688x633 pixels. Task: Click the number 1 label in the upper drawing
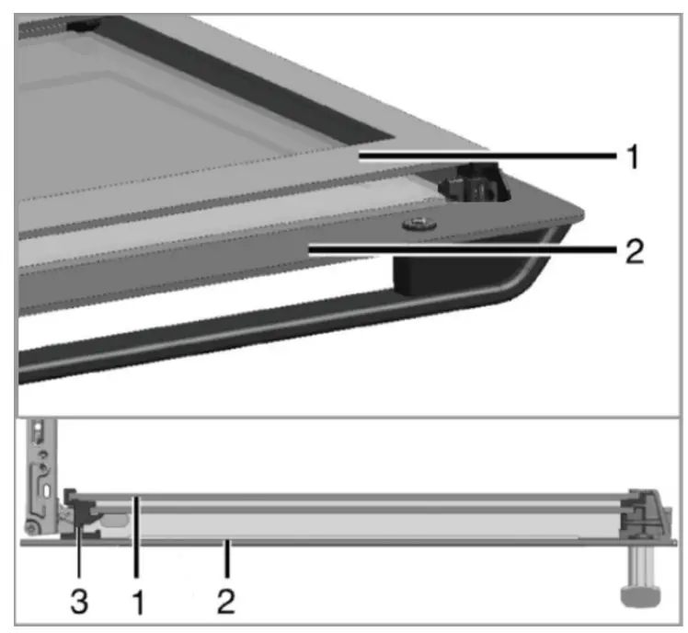[x=633, y=156]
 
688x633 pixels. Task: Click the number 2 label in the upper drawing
[x=635, y=251]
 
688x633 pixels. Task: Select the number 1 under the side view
[x=138, y=602]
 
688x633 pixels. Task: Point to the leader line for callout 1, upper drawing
[x=487, y=155]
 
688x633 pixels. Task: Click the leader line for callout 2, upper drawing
[x=463, y=250]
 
